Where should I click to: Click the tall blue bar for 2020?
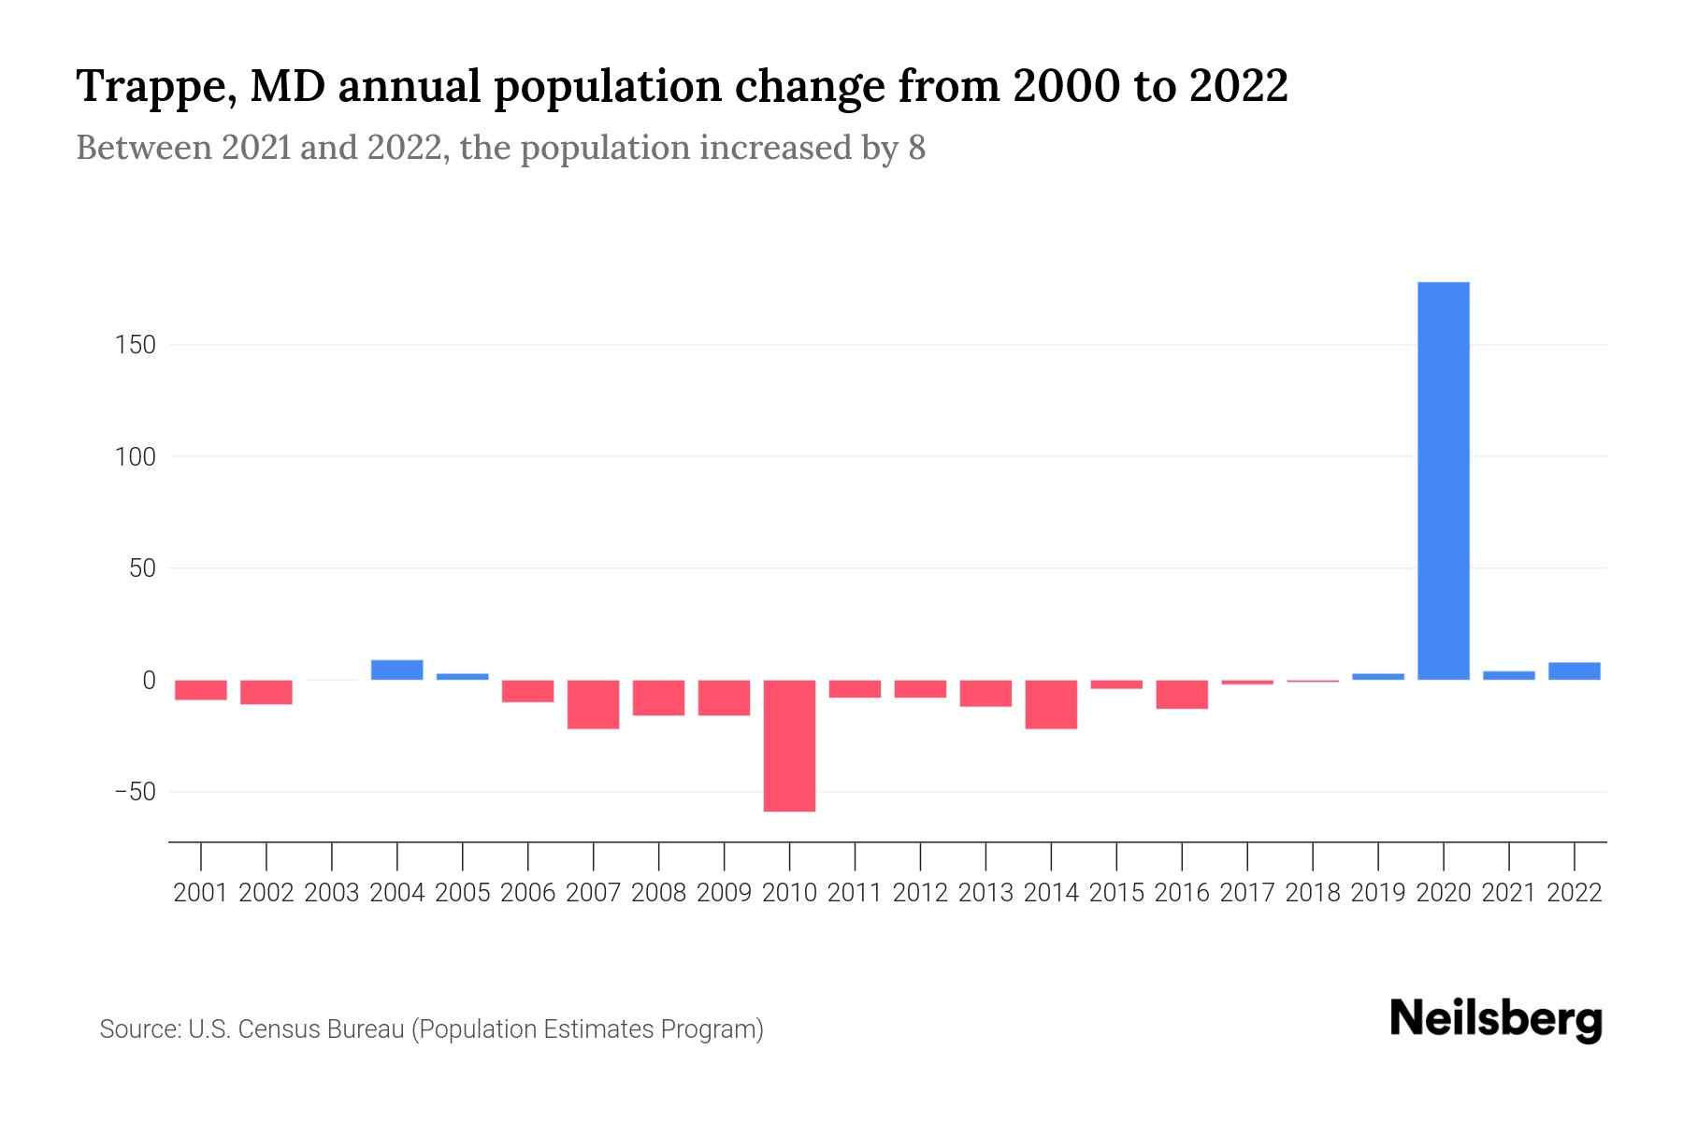click(x=1443, y=481)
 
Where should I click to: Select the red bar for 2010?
click(x=789, y=745)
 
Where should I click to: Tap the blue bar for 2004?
click(x=396, y=669)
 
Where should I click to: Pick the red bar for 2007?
click(x=593, y=704)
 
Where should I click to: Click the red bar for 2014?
click(x=1051, y=704)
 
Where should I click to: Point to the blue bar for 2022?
click(x=1574, y=670)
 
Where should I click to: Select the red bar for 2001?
click(x=201, y=690)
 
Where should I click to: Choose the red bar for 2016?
click(x=1182, y=694)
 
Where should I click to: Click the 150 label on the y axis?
click(x=136, y=345)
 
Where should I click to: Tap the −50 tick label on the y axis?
click(x=134, y=792)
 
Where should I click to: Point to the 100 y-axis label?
click(x=136, y=457)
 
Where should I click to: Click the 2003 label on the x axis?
click(x=332, y=893)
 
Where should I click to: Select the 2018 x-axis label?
click(x=1313, y=893)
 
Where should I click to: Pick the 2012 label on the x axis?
click(x=920, y=893)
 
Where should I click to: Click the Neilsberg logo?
click(x=1495, y=1020)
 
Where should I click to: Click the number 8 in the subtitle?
click(x=916, y=148)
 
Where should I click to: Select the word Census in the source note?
click(x=279, y=1029)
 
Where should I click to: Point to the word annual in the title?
click(x=409, y=87)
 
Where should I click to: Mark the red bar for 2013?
click(x=985, y=693)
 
